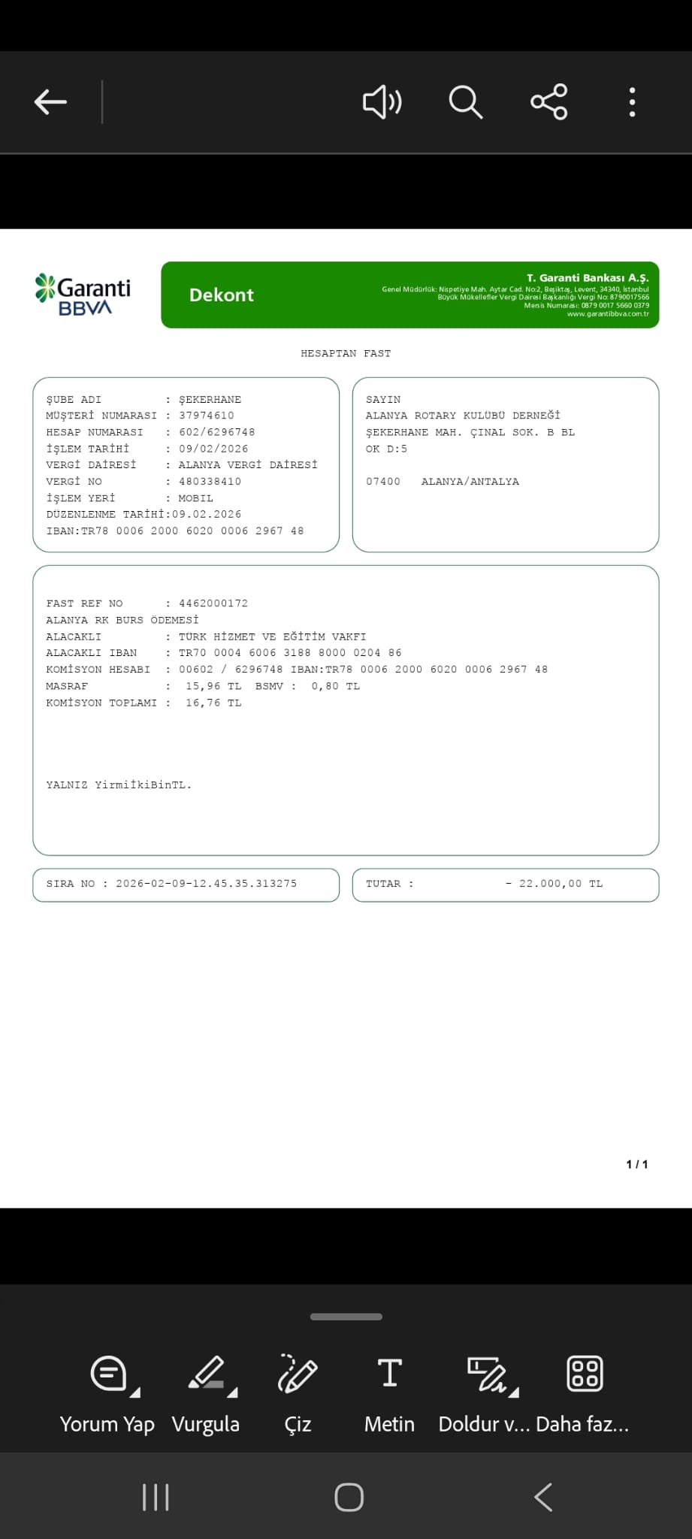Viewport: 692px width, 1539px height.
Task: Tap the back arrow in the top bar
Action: point(50,101)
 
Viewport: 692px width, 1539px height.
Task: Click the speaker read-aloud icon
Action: point(382,101)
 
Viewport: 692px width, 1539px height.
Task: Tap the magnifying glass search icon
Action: point(465,101)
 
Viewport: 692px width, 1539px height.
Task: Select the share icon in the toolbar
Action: point(549,101)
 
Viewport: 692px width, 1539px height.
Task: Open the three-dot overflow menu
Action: point(633,101)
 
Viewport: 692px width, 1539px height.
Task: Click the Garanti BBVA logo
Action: point(83,295)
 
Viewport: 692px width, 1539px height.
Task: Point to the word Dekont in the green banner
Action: point(221,295)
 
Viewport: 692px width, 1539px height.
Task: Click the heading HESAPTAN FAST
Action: point(346,353)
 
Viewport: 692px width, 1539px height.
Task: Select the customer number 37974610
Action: point(207,416)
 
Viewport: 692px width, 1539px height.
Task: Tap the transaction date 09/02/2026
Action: point(213,449)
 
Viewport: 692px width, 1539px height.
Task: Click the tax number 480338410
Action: point(210,482)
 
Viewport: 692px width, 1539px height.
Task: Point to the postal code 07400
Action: point(383,482)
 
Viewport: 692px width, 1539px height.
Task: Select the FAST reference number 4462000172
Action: point(213,603)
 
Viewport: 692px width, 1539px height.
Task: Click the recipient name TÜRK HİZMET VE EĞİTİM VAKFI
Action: point(272,636)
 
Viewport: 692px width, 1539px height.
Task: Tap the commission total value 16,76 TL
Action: point(213,703)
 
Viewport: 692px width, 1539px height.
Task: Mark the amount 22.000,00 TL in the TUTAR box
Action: point(560,884)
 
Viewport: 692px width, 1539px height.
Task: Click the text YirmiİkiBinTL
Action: point(143,785)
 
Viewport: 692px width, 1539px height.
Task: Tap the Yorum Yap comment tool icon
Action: point(109,1374)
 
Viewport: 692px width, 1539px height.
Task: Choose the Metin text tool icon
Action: point(389,1374)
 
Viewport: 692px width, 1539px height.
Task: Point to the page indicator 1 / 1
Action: point(637,1164)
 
